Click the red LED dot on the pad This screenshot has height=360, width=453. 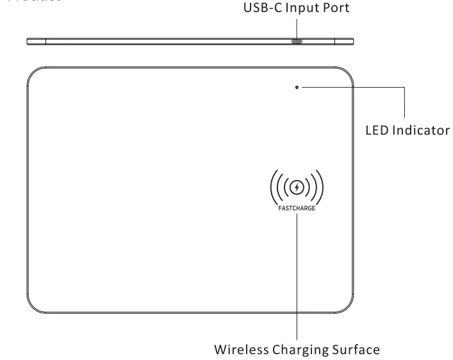297,87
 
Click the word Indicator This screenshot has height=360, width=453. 418,131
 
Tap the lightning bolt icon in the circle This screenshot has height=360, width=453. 297,188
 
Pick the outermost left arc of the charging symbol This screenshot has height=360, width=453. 272,188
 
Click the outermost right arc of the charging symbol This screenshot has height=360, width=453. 321,188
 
